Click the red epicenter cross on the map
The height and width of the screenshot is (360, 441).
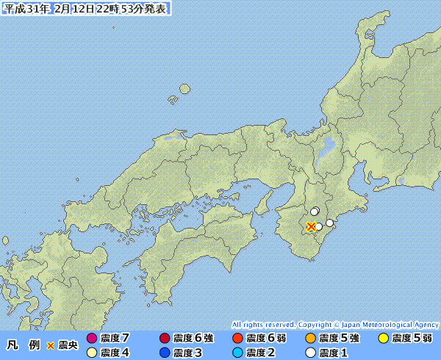(312, 226)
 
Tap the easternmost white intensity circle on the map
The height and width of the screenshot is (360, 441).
(330, 223)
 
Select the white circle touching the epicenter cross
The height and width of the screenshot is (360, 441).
(319, 227)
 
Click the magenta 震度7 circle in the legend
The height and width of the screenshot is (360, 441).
(92, 339)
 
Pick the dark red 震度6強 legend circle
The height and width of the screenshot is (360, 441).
(164, 339)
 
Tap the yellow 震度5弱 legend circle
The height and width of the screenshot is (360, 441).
(383, 339)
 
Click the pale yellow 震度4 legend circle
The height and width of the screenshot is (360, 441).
(92, 353)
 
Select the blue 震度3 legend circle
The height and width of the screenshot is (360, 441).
(164, 353)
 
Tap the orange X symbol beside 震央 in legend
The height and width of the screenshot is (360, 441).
(51, 345)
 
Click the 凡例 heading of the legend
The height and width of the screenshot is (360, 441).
(22, 345)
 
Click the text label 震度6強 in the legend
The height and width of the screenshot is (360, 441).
(193, 339)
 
